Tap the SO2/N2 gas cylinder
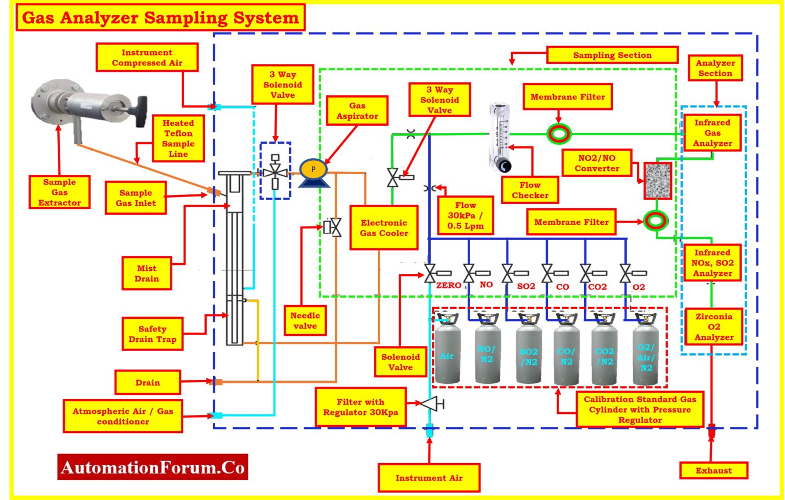[x=528, y=353]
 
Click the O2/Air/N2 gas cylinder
[x=645, y=353]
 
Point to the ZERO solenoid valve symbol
[x=430, y=273]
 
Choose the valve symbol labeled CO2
[x=586, y=273]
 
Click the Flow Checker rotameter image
[x=499, y=137]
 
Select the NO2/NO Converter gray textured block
[x=657, y=181]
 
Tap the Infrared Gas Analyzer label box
[x=712, y=133]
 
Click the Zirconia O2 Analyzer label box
[x=713, y=327]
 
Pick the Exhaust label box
[x=713, y=470]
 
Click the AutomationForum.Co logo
[x=153, y=467]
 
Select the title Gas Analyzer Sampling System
[x=160, y=18]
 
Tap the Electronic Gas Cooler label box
[x=383, y=228]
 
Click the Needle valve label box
[x=305, y=321]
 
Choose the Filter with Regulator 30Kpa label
[x=360, y=407]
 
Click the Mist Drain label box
[x=147, y=274]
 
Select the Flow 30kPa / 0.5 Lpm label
[x=465, y=215]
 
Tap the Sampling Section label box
[x=612, y=55]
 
